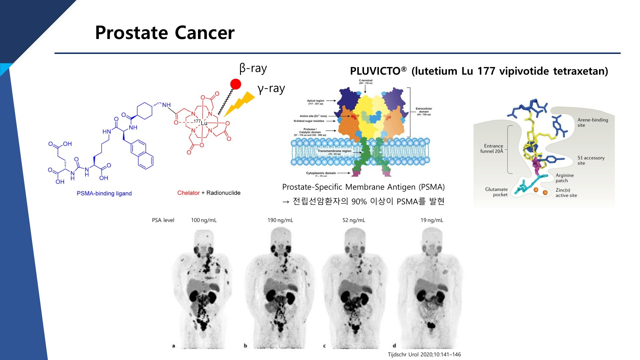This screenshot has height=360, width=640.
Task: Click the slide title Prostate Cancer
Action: tap(165, 33)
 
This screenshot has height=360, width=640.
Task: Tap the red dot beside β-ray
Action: tap(236, 84)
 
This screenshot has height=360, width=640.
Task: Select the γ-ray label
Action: tap(271, 89)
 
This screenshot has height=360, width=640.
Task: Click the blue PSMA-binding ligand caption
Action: tap(104, 193)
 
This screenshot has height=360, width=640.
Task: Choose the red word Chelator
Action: tap(188, 193)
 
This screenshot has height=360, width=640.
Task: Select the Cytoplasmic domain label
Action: tap(321, 173)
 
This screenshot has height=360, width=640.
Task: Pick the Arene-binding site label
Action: tap(592, 122)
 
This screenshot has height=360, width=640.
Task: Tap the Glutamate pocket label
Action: tap(496, 192)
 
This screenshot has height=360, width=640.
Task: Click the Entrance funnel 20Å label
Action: tap(493, 148)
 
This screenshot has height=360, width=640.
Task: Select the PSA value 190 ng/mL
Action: tap(280, 220)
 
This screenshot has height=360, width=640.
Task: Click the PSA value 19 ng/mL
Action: tap(432, 220)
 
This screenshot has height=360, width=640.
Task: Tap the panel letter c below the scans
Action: tap(324, 346)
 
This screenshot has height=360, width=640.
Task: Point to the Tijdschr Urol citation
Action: tap(424, 354)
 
